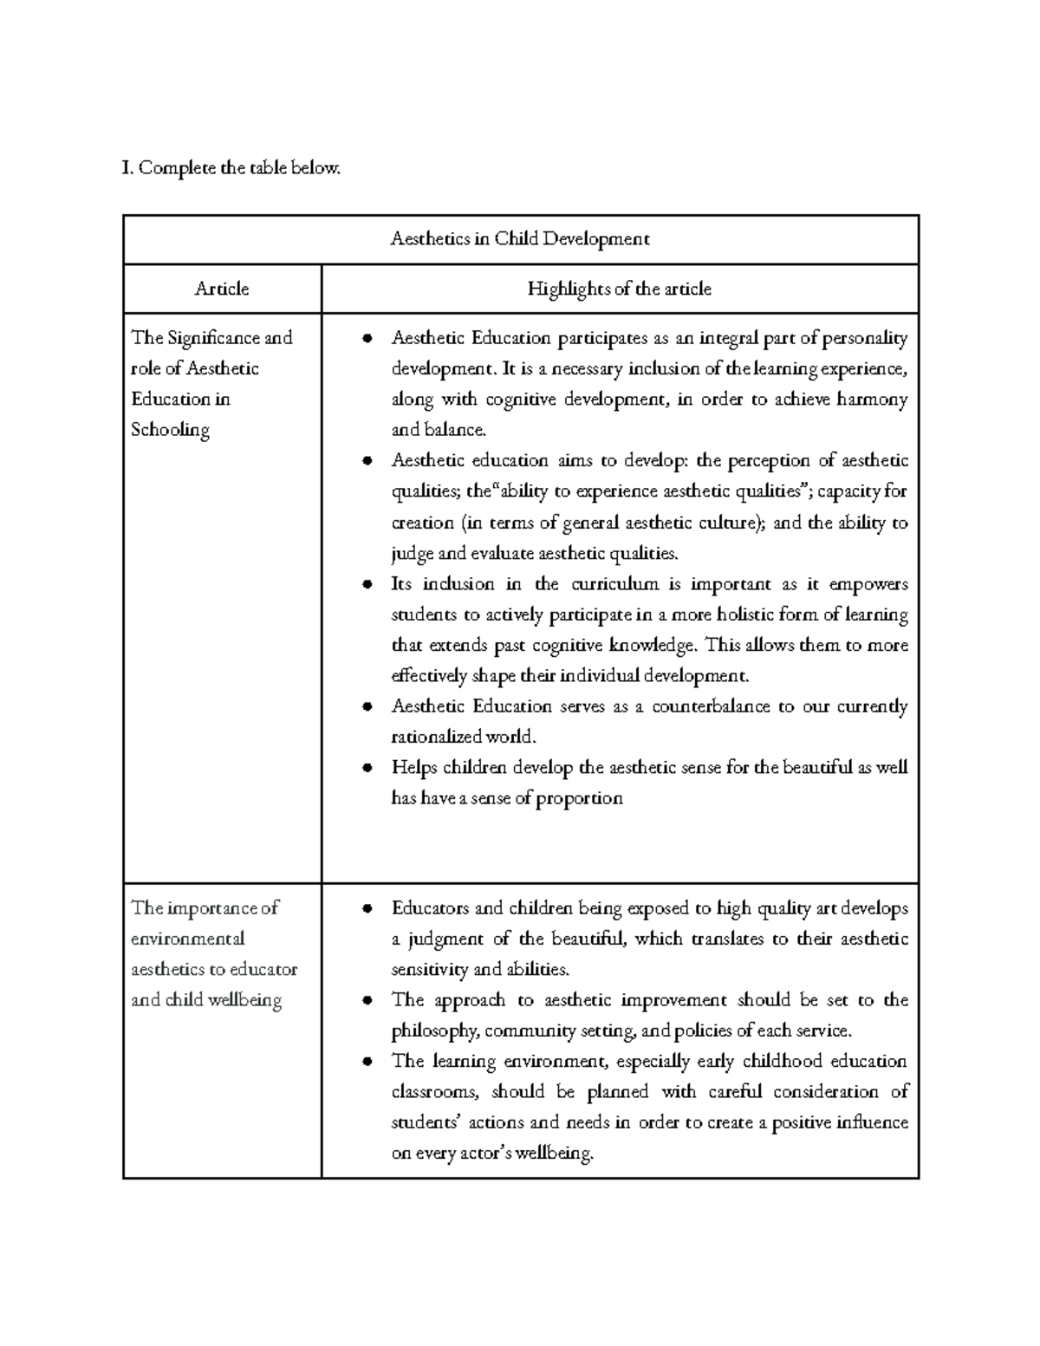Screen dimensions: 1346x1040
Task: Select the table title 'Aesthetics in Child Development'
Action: (520, 239)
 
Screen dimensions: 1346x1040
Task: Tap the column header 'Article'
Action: (222, 289)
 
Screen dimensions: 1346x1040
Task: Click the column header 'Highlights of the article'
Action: (619, 289)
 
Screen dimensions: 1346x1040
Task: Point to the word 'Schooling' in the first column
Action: (170, 430)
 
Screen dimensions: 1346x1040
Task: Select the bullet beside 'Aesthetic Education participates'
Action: (367, 338)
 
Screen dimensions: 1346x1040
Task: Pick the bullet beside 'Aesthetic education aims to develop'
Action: (367, 461)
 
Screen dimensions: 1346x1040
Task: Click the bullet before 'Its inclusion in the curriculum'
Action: (367, 584)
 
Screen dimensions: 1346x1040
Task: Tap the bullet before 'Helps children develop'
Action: (367, 768)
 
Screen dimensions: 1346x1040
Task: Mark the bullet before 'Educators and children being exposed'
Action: (367, 909)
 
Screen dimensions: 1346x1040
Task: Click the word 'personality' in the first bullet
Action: (864, 338)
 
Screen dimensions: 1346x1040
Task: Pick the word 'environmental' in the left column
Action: (187, 940)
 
